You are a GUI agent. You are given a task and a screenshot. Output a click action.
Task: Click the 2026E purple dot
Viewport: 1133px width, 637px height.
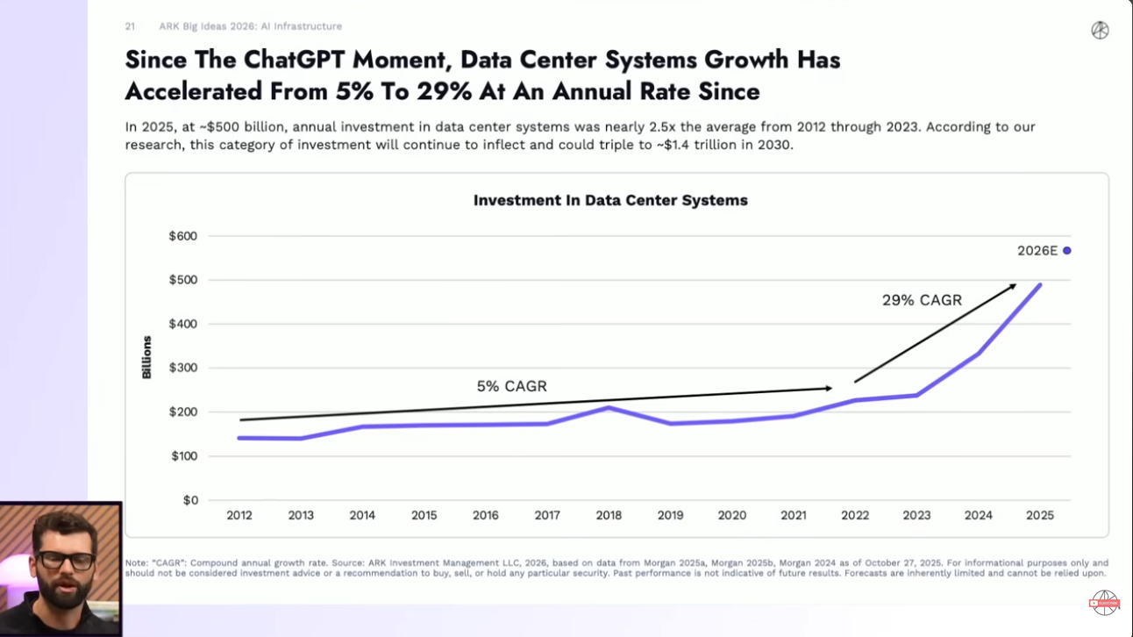click(1067, 251)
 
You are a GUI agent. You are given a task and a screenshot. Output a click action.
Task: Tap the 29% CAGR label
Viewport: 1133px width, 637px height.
click(922, 300)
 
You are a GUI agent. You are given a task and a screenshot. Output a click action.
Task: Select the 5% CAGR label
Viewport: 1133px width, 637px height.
click(512, 386)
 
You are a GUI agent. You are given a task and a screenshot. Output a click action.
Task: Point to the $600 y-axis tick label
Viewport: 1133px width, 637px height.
click(183, 236)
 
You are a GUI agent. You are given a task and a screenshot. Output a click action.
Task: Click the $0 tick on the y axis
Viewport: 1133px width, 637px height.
click(189, 500)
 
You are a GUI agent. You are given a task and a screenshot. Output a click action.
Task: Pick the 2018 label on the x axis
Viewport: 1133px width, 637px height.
click(609, 516)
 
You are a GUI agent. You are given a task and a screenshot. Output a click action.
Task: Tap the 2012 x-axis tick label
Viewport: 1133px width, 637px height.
click(239, 516)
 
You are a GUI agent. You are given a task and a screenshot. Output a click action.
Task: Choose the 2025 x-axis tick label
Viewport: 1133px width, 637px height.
click(1040, 516)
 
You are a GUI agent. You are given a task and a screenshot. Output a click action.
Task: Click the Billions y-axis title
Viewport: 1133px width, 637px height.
click(147, 357)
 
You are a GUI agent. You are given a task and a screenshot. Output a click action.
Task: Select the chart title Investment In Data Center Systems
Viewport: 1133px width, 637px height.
click(610, 200)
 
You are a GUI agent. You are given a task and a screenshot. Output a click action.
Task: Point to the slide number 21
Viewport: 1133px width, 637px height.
click(130, 26)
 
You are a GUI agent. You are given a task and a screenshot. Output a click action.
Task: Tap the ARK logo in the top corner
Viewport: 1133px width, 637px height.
click(1100, 30)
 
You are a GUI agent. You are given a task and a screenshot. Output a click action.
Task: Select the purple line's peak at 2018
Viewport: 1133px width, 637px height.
click(609, 407)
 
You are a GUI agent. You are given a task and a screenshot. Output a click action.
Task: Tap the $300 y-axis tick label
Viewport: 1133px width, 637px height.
click(183, 368)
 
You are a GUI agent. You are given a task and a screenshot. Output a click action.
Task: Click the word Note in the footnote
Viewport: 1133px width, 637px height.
click(136, 562)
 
